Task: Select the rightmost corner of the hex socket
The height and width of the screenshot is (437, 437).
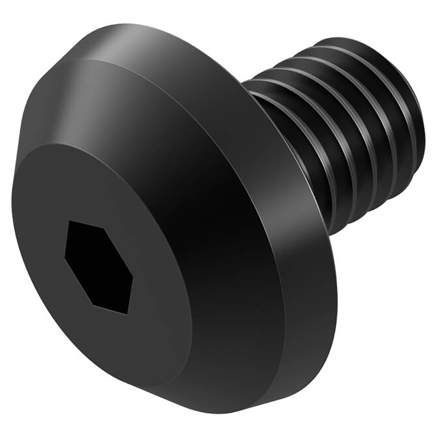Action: click(x=133, y=277)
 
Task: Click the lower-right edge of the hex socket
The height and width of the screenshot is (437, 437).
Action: click(x=130, y=295)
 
